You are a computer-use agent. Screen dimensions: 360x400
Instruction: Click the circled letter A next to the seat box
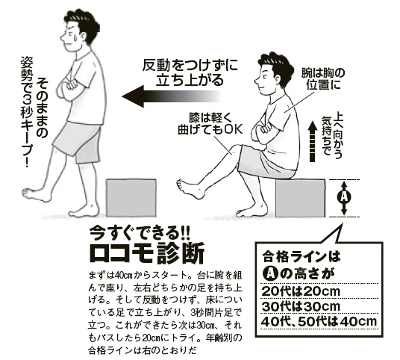pyautogui.click(x=343, y=197)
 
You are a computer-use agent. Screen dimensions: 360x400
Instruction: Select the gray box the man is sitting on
pyautogui.click(x=300, y=198)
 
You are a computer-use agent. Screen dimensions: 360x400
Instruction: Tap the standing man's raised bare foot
pyautogui.click(x=37, y=196)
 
